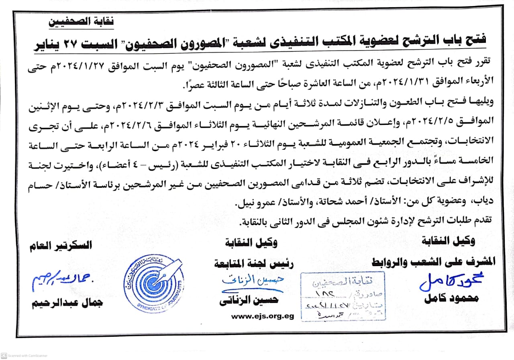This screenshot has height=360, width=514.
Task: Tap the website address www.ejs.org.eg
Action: pyautogui.click(x=262, y=316)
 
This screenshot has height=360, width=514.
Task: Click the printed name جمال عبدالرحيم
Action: pyautogui.click(x=67, y=302)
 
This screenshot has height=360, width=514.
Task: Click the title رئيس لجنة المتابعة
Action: pyautogui.click(x=254, y=264)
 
